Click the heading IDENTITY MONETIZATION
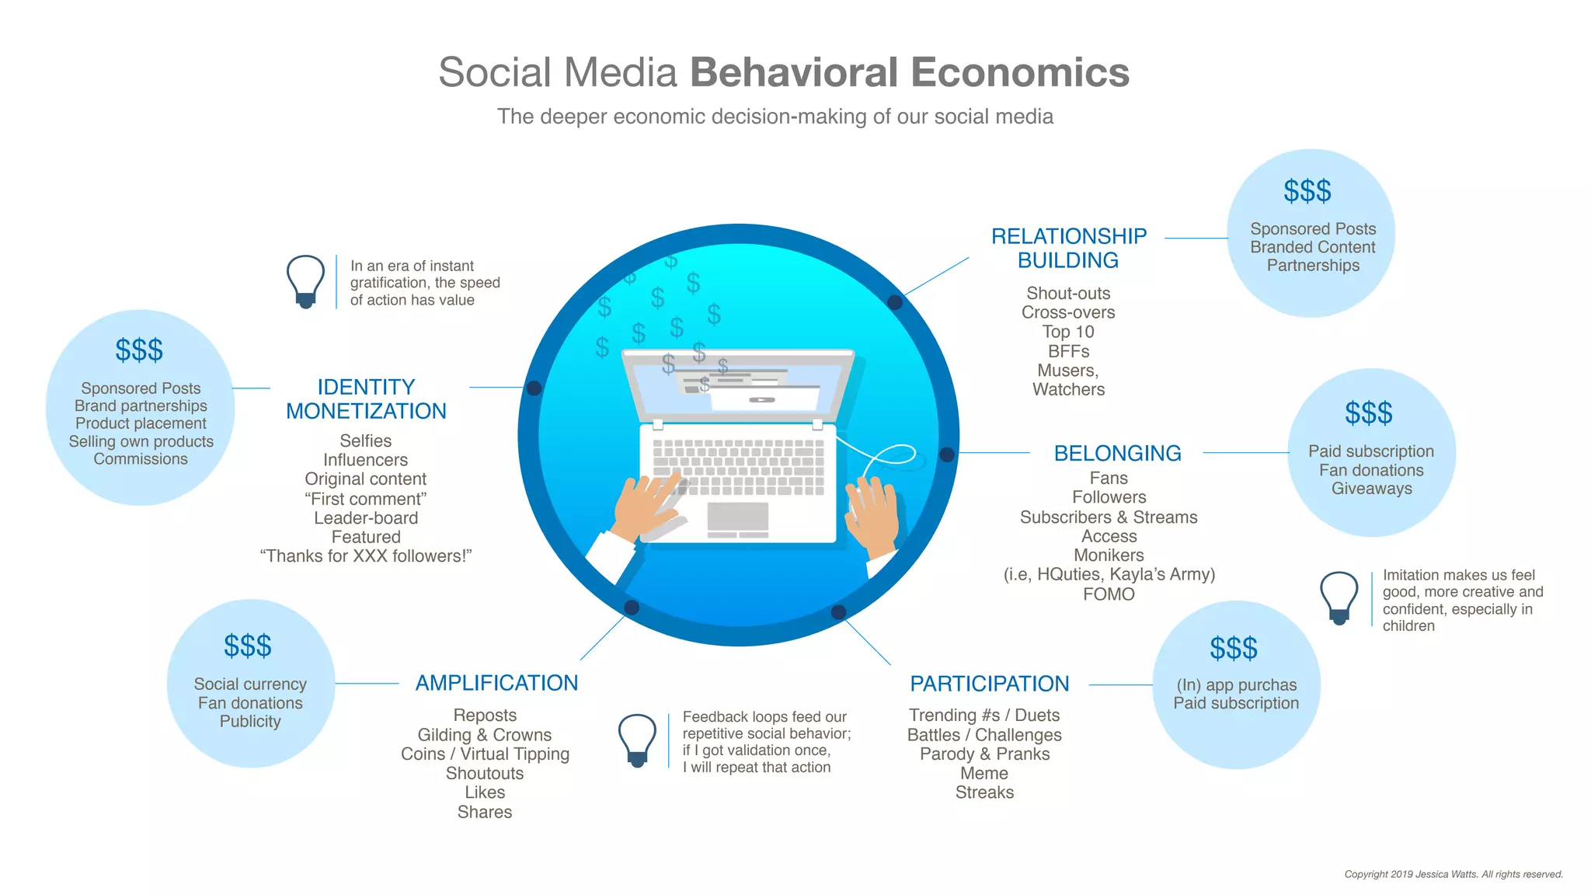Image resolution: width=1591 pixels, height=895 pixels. tap(366, 399)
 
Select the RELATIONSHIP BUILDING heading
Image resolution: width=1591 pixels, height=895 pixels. tap(1068, 248)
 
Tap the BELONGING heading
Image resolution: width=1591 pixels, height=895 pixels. tap(1117, 453)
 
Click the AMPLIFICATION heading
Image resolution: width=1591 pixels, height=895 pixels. tap(496, 683)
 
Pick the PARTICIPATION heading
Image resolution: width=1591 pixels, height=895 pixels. tap(989, 684)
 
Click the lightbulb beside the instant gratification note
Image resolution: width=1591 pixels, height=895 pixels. tap(305, 280)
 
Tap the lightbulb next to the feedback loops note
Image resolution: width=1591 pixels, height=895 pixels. tap(637, 740)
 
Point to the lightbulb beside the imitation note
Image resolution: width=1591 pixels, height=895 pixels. tap(1339, 597)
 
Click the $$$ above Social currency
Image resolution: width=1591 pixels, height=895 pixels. tap(248, 646)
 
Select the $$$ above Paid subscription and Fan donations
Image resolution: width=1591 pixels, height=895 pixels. tap(1369, 413)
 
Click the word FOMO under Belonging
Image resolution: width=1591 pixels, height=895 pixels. tap(1109, 594)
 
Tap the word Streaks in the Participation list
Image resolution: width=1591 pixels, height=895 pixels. tap(984, 792)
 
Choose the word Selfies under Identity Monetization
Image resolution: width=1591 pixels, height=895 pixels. tap(365, 441)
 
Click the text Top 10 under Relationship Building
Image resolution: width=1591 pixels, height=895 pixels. tap(1068, 332)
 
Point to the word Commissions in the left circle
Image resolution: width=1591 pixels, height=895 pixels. tap(141, 459)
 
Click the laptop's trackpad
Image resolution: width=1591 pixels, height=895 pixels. tap(737, 517)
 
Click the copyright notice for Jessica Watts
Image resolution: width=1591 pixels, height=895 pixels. tap(1453, 874)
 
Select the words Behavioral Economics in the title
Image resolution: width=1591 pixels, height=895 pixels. tap(909, 72)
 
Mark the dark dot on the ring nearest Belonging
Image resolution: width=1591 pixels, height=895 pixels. tap(947, 454)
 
